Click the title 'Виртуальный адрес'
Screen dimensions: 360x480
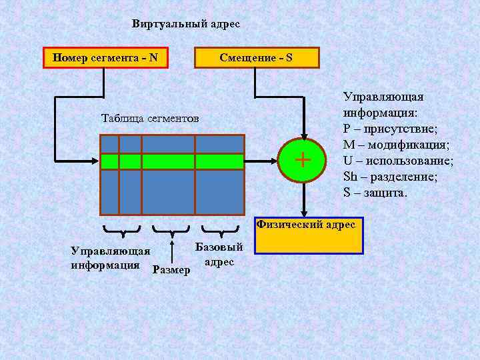[185, 24]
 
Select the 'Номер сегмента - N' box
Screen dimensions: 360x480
[105, 58]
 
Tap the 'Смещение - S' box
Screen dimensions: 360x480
[256, 58]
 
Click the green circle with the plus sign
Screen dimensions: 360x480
[303, 160]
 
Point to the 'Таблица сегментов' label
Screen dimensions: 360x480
[150, 119]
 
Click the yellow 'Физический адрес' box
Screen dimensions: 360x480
[309, 235]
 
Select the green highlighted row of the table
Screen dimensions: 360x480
[172, 161]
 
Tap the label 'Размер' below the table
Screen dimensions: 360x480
[171, 270]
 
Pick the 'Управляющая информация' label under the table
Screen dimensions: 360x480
[111, 258]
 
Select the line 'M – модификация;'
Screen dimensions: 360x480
[396, 145]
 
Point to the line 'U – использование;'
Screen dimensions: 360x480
[398, 161]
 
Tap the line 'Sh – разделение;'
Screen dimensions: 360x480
[389, 177]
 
